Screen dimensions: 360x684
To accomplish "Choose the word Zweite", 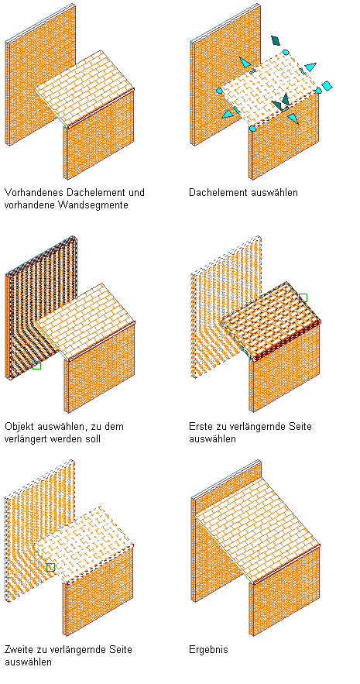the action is [x=19, y=650].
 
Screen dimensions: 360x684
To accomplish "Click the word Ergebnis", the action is [x=208, y=650].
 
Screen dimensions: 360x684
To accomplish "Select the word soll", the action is [x=91, y=438].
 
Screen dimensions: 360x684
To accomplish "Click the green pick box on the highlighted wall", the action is [x=36, y=365].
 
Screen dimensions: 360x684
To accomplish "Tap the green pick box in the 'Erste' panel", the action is [x=303, y=298].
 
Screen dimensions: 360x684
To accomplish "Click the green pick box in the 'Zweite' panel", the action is [x=50, y=567].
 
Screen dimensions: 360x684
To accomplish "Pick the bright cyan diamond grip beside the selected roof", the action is [x=327, y=85].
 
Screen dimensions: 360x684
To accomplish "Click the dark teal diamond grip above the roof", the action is [x=275, y=40].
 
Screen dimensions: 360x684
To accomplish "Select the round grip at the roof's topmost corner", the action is [x=286, y=53].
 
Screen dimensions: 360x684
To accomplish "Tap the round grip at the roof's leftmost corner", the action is [x=219, y=91].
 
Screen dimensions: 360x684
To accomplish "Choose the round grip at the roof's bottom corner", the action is [x=252, y=129].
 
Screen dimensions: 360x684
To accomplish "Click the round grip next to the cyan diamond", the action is [x=319, y=91].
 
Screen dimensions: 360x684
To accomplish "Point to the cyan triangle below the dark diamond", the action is [x=246, y=63].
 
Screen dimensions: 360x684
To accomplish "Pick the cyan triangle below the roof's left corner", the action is [x=228, y=115].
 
